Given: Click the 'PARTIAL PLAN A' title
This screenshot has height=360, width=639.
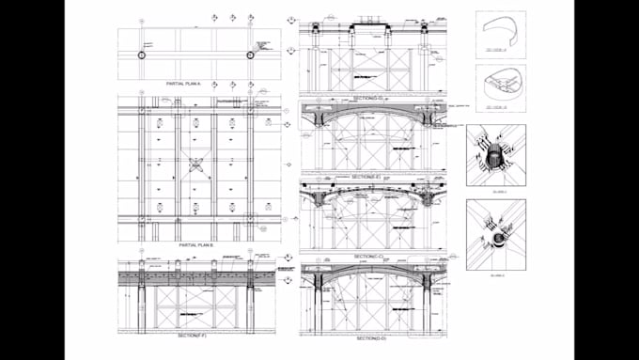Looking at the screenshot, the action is [x=191, y=85].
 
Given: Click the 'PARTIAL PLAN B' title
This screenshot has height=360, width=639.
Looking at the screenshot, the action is [x=191, y=244].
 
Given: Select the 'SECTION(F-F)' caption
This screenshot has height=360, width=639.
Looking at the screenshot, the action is [x=191, y=335].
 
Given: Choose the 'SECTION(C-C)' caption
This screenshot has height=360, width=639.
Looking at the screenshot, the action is [x=370, y=256].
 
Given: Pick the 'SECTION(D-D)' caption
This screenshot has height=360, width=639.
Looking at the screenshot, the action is [x=369, y=337].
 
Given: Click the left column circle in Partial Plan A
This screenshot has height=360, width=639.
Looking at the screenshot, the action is [x=141, y=56].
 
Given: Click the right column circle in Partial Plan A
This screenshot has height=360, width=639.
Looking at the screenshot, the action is [x=251, y=56].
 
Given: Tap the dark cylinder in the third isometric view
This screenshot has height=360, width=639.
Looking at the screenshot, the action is [x=495, y=158].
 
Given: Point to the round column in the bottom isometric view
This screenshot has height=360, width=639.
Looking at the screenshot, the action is [x=496, y=238].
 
